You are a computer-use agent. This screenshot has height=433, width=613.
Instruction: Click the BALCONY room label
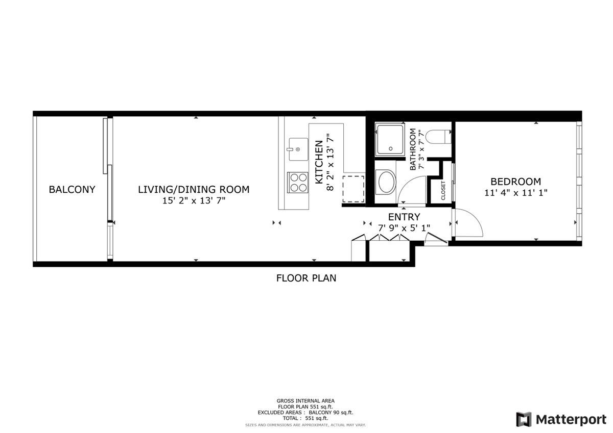pos(72,189)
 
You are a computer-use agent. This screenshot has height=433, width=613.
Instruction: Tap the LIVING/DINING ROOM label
pos(194,189)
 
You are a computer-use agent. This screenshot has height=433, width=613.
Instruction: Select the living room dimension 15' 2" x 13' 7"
pos(194,201)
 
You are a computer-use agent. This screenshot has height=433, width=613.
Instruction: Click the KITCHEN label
pos(319,162)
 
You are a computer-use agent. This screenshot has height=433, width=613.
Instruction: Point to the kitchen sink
pos(298,149)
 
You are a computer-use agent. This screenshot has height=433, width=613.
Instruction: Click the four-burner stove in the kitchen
pos(298,183)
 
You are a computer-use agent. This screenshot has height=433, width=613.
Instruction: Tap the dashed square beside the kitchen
pos(353,189)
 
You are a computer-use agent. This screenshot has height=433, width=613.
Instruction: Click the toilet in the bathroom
pos(439,137)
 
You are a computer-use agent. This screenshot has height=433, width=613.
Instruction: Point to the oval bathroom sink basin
pos(386,182)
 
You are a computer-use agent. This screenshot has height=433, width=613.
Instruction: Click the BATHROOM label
pos(413,149)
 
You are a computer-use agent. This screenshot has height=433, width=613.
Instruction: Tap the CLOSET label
pos(443,190)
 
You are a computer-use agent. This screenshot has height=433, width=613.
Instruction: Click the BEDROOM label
pos(515,182)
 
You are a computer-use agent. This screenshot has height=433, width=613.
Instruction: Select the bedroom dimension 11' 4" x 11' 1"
pos(515,193)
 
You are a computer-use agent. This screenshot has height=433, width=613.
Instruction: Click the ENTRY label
pos(404,217)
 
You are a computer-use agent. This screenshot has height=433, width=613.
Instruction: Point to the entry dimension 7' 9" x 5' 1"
pos(404,228)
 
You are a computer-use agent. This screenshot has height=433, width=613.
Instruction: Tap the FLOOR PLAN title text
pos(306,278)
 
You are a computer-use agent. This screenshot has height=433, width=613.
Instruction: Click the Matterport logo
pos(561,419)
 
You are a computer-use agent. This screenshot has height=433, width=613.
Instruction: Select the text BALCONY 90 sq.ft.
pos(331,413)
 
